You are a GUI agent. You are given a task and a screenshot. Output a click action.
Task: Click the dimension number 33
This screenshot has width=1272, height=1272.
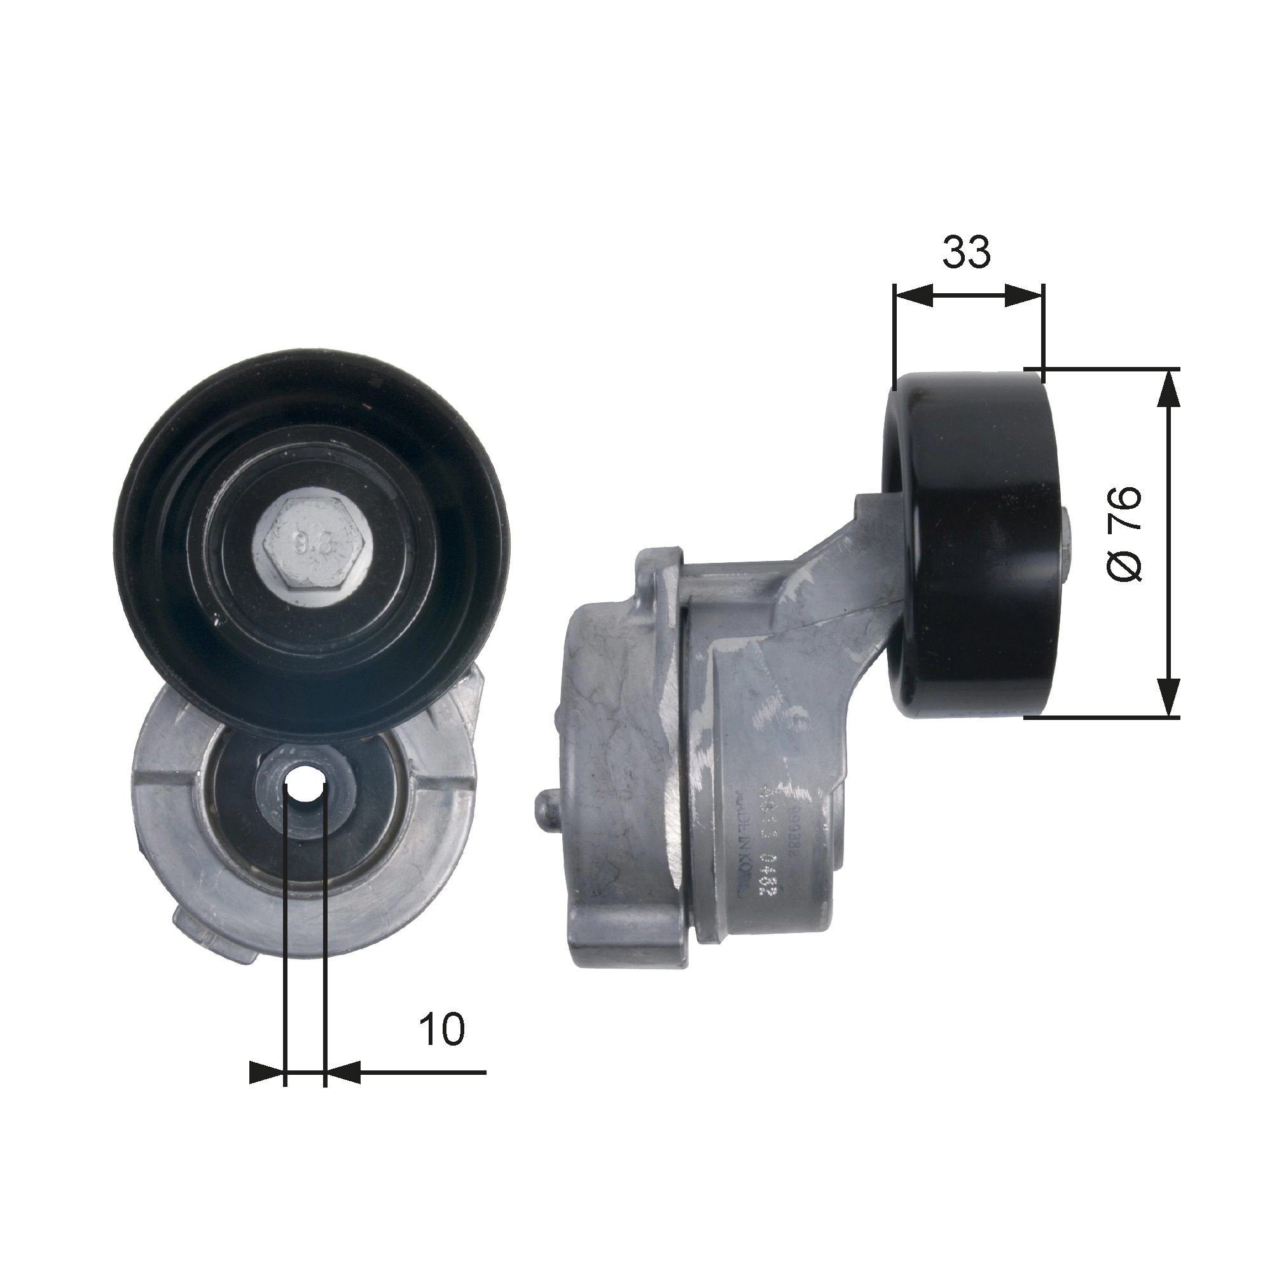click(x=966, y=253)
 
